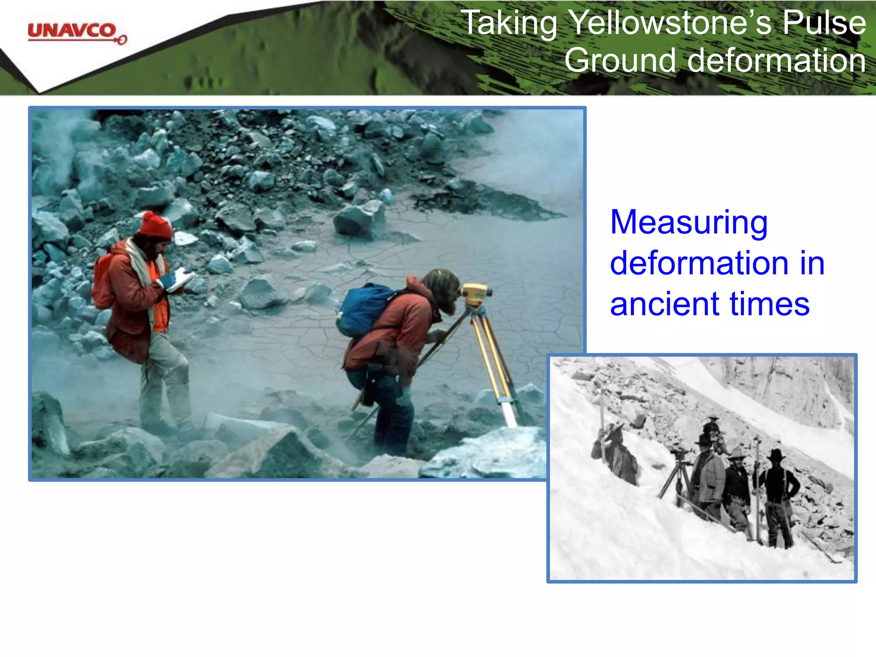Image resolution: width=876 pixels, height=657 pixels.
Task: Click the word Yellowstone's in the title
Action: point(671,23)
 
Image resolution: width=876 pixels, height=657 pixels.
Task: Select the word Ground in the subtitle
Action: point(621,60)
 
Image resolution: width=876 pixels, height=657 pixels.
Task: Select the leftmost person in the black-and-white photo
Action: point(616,453)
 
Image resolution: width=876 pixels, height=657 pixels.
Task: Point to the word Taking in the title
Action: point(509,23)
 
